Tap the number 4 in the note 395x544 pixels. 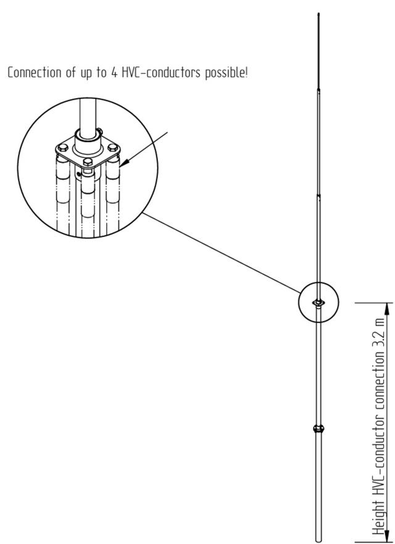click(114, 73)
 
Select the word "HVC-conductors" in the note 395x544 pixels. click(161, 72)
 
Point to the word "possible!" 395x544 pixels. click(227, 73)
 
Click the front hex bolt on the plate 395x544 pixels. click(88, 162)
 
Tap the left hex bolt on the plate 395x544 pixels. click(62, 148)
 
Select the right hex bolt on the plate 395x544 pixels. click(112, 147)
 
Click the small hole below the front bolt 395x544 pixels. click(79, 174)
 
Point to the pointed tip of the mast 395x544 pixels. click(318, 14)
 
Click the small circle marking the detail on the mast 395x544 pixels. click(318, 302)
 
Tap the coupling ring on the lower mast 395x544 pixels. click(318, 429)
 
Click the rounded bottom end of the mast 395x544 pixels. click(318, 540)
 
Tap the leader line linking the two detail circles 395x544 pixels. click(222, 253)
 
